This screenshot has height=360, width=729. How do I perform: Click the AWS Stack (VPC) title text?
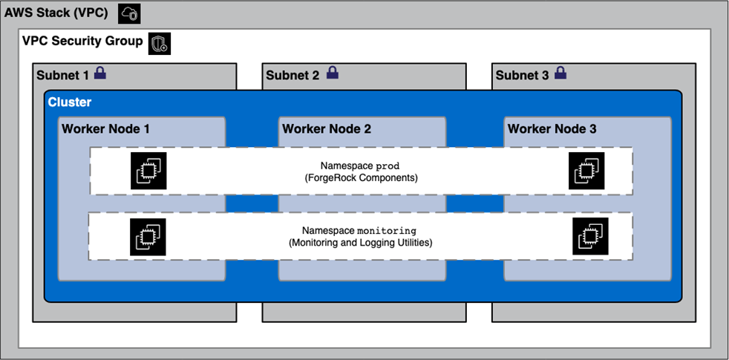click(x=56, y=13)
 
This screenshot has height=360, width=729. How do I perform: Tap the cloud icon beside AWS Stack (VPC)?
click(x=129, y=13)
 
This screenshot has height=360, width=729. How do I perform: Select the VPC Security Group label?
click(x=82, y=42)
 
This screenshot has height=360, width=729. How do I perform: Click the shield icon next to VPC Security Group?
click(x=160, y=44)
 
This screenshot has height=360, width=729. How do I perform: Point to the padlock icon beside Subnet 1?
click(x=99, y=73)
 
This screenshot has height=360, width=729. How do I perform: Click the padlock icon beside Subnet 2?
click(x=333, y=73)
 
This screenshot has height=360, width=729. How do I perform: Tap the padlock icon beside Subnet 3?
click(x=560, y=73)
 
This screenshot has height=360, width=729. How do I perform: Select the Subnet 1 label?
click(x=62, y=75)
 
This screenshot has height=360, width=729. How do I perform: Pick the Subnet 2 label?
click(x=292, y=75)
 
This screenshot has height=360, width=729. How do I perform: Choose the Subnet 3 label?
click(x=523, y=75)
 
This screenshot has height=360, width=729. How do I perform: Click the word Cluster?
click(x=70, y=102)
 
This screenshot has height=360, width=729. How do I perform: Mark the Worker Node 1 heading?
click(x=105, y=129)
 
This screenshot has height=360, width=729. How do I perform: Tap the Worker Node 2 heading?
click(x=327, y=129)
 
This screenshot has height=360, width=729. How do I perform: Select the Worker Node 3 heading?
click(x=552, y=129)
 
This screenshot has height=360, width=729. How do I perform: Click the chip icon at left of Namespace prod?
click(x=148, y=171)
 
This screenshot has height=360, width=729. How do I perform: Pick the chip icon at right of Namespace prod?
click(x=586, y=171)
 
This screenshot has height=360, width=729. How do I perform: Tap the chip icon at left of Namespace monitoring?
click(x=148, y=237)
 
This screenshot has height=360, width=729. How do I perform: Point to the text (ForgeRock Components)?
click(x=361, y=178)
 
